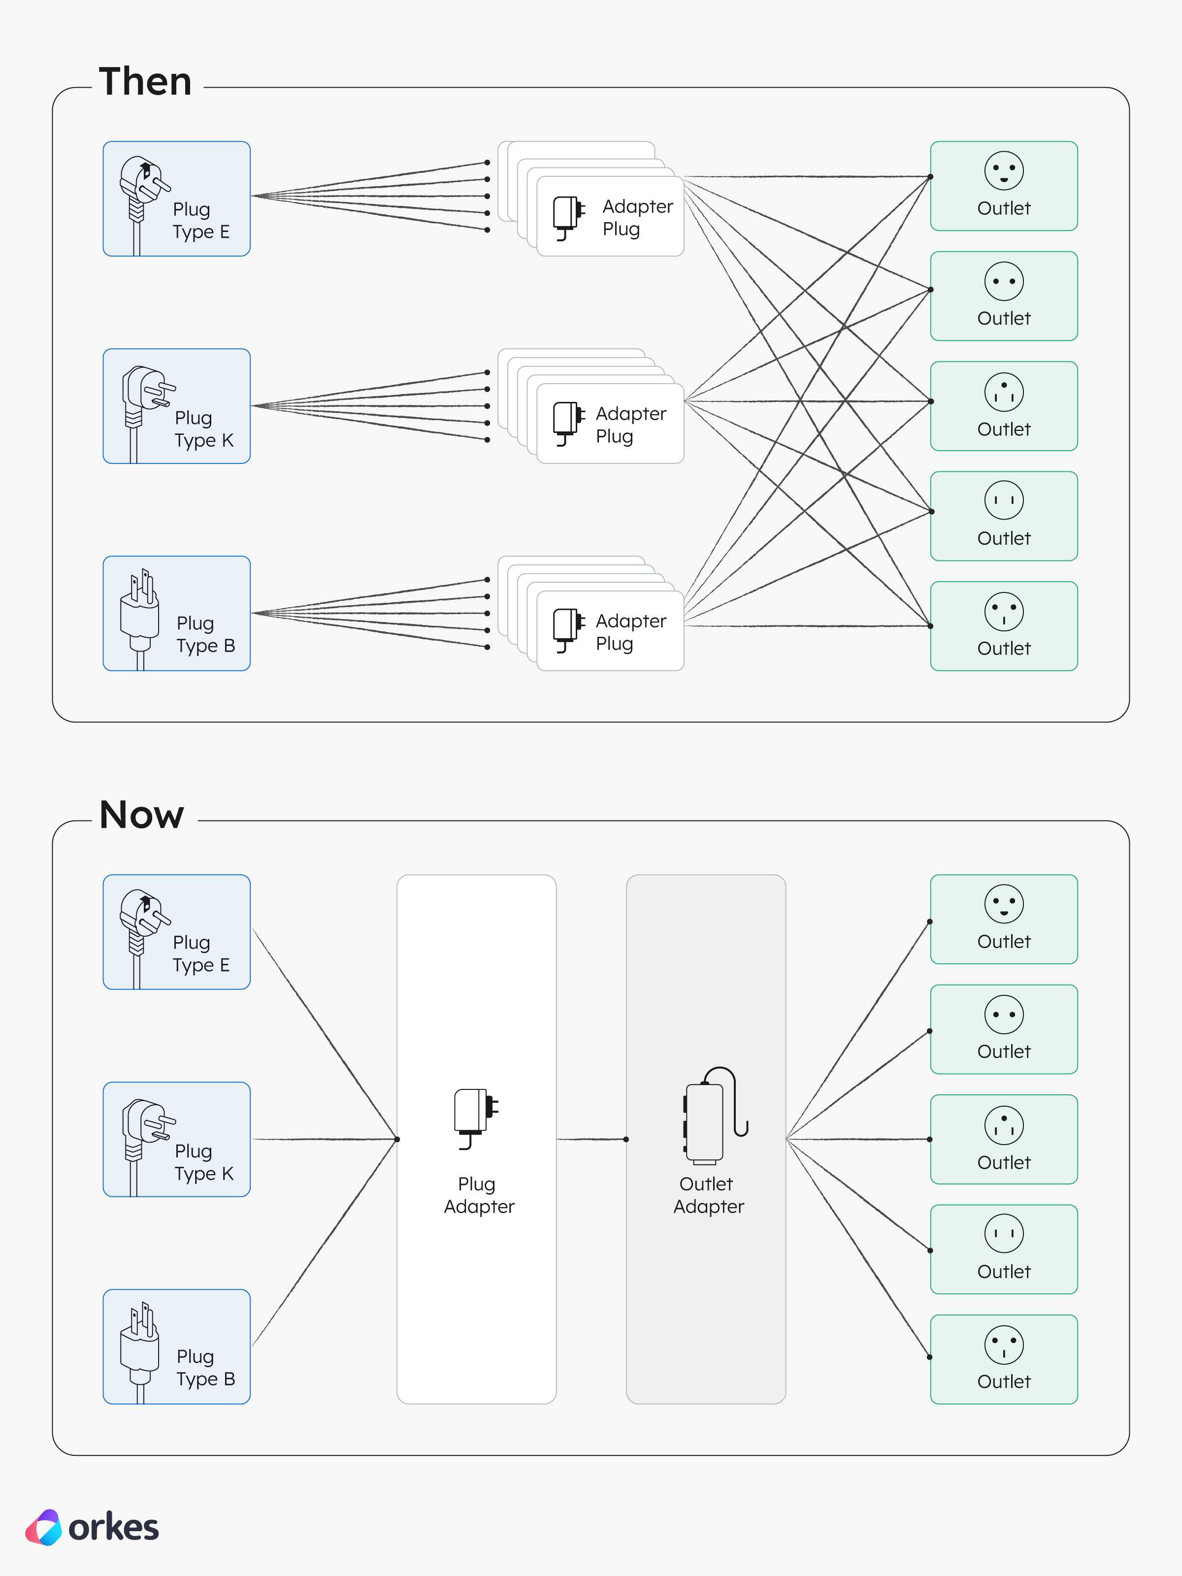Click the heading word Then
pos(145,81)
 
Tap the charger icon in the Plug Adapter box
pos(476,1118)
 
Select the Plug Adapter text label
pos(479,1195)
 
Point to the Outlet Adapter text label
pos(708,1195)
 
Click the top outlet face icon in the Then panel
pos(1004,170)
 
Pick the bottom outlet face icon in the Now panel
pos(1004,1345)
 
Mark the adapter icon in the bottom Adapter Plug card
pos(568,630)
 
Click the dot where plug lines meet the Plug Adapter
pos(397,1139)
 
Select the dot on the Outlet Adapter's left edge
pos(626,1139)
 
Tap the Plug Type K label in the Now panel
pos(204,1162)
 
